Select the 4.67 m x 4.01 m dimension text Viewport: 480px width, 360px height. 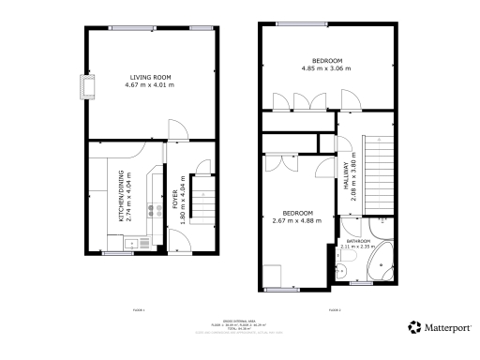pyautogui.click(x=150, y=85)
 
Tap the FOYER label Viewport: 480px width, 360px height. pyautogui.click(x=175, y=201)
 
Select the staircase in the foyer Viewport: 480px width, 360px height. pyautogui.click(x=202, y=199)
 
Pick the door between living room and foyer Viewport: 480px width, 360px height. pyautogui.click(x=174, y=129)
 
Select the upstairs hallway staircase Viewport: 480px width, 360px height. pyautogui.click(x=377, y=159)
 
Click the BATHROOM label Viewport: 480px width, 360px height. pyautogui.click(x=359, y=241)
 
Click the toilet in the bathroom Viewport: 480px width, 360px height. pyautogui.click(x=344, y=271)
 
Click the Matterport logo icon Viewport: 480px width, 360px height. pyautogui.click(x=414, y=327)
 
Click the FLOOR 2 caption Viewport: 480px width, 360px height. pyautogui.click(x=335, y=308)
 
